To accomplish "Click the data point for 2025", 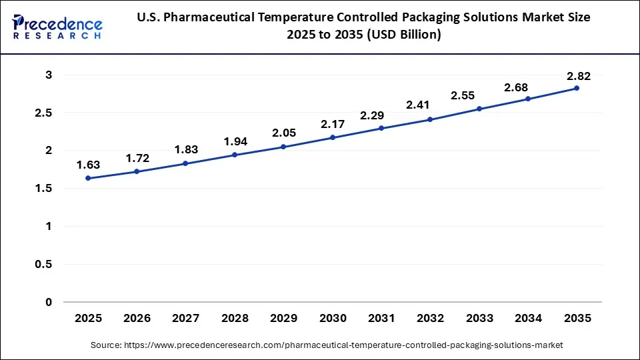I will [x=88, y=178].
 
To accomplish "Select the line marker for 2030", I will [x=333, y=137].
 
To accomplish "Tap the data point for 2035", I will [x=577, y=88].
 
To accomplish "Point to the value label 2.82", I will [x=577, y=75].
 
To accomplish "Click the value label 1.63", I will [x=88, y=165].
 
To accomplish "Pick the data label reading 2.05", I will [x=283, y=133].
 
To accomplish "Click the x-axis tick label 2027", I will [x=186, y=319].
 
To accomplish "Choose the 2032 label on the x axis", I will [x=430, y=319].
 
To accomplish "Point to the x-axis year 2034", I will [x=528, y=319].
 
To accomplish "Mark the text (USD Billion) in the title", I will [x=401, y=35].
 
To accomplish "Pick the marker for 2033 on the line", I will [x=479, y=109].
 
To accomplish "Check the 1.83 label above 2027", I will [x=186, y=150].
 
